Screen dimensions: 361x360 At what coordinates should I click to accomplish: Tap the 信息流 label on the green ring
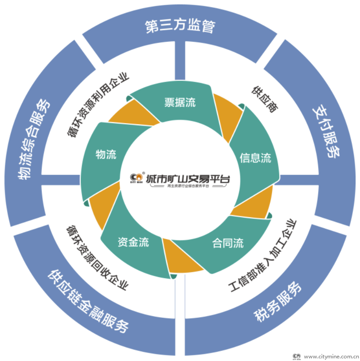click(x=255, y=158)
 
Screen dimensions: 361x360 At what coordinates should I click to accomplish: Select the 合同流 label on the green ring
click(x=228, y=243)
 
